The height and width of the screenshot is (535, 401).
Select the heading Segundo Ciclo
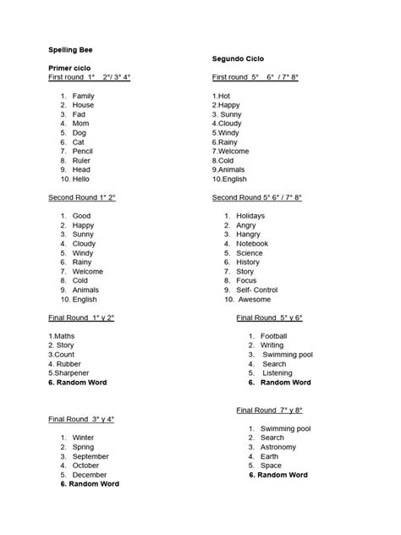[239, 58]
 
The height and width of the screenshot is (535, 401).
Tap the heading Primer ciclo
[69, 67]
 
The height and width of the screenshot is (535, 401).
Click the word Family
[84, 96]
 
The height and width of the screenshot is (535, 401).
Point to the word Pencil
[83, 152]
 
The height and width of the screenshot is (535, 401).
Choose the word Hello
[81, 179]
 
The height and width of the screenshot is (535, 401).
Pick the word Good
[81, 216]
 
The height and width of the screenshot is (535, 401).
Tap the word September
[91, 456]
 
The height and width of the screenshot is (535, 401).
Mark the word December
[90, 475]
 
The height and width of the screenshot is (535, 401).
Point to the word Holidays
[250, 216]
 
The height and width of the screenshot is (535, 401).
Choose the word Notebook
[252, 244]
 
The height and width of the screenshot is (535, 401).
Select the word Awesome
[254, 299]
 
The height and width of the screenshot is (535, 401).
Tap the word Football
[274, 336]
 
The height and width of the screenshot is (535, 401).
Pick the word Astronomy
[278, 447]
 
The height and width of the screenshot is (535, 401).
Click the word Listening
[277, 372]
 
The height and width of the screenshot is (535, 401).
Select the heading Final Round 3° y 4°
[81, 419]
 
